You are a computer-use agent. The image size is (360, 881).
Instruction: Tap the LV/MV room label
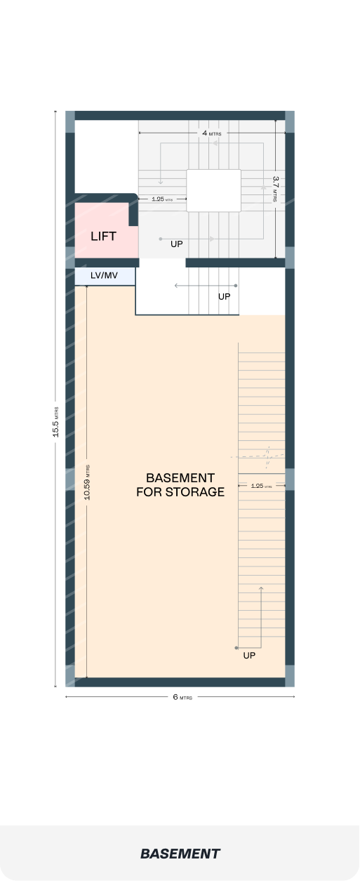[x=104, y=275]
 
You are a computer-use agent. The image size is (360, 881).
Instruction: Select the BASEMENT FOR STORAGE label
[x=180, y=484]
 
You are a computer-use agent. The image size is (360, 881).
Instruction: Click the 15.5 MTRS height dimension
[x=55, y=422]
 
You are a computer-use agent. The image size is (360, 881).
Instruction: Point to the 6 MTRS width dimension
[x=182, y=697]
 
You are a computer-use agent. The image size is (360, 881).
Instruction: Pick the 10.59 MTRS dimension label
[x=87, y=482]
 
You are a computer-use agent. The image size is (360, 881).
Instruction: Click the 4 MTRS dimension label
[x=211, y=133]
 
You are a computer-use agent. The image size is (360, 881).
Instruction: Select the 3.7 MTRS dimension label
[x=276, y=189]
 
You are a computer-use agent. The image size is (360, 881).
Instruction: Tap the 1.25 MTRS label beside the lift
[x=162, y=199]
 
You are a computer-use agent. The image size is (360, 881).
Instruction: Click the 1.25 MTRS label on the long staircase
[x=261, y=486]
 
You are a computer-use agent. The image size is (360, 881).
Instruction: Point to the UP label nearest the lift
[x=176, y=244]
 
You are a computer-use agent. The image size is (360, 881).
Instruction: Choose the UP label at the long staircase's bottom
[x=249, y=655]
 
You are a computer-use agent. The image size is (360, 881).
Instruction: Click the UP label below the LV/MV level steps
[x=224, y=296]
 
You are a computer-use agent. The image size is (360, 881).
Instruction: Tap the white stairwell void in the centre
[x=213, y=190]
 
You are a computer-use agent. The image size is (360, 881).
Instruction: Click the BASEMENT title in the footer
[x=180, y=854]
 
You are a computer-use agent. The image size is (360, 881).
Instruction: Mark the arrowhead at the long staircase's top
[x=261, y=588]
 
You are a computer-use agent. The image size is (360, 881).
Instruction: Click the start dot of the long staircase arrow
[x=236, y=648]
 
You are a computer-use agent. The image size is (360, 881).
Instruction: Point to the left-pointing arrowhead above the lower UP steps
[x=176, y=286]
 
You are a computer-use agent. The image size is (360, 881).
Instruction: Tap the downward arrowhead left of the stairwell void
[x=160, y=182]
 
